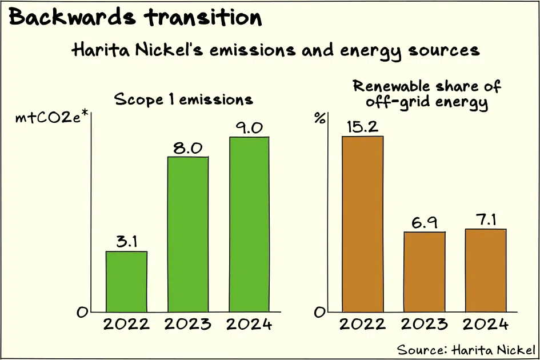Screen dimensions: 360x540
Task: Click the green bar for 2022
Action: [x=126, y=282]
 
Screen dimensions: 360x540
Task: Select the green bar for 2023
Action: [x=187, y=234]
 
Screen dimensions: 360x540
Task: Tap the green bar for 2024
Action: [x=248, y=225]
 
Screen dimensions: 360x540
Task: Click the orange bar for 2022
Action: [x=363, y=223]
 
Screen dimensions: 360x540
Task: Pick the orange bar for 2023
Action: [x=425, y=271]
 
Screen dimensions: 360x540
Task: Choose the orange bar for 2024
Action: [x=486, y=270]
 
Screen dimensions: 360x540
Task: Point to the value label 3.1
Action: [x=126, y=242]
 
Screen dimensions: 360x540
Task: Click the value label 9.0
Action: [x=249, y=127]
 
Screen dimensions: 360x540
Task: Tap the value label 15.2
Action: [x=363, y=126]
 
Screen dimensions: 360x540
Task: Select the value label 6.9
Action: [x=425, y=222]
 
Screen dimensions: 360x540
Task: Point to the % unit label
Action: [x=320, y=119]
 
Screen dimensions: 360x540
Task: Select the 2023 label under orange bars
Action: [x=425, y=325]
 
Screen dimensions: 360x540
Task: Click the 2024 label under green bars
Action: [x=249, y=325]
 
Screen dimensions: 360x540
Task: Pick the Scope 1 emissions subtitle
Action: [x=183, y=99]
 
